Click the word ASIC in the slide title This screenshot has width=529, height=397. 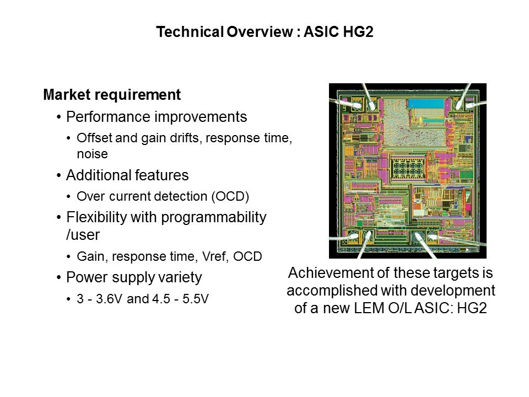point(321,32)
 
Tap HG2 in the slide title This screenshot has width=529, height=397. point(358,32)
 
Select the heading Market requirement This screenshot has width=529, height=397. point(112,95)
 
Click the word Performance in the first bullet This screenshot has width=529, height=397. point(107,117)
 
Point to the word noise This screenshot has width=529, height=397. point(92,154)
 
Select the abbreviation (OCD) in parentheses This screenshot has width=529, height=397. point(230,196)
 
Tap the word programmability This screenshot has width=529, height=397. point(214,218)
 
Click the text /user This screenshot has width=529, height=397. point(83,235)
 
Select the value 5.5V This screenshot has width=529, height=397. point(196,299)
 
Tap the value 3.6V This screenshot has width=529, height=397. point(109,299)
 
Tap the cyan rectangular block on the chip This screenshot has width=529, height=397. point(425,103)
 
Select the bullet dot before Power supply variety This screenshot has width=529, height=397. point(59,278)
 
